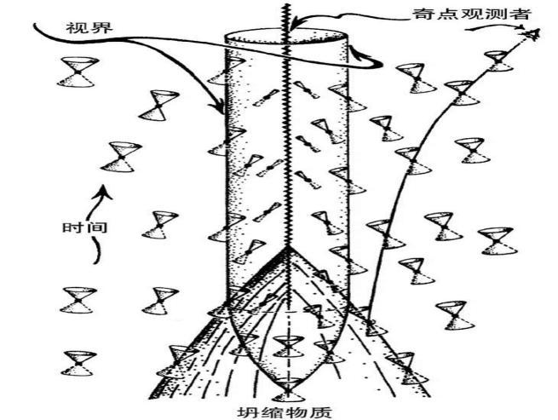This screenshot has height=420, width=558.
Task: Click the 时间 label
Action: click(x=78, y=228)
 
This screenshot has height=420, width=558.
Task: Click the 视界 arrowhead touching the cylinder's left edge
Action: click(x=222, y=110)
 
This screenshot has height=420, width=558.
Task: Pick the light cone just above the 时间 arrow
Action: click(x=120, y=156)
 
